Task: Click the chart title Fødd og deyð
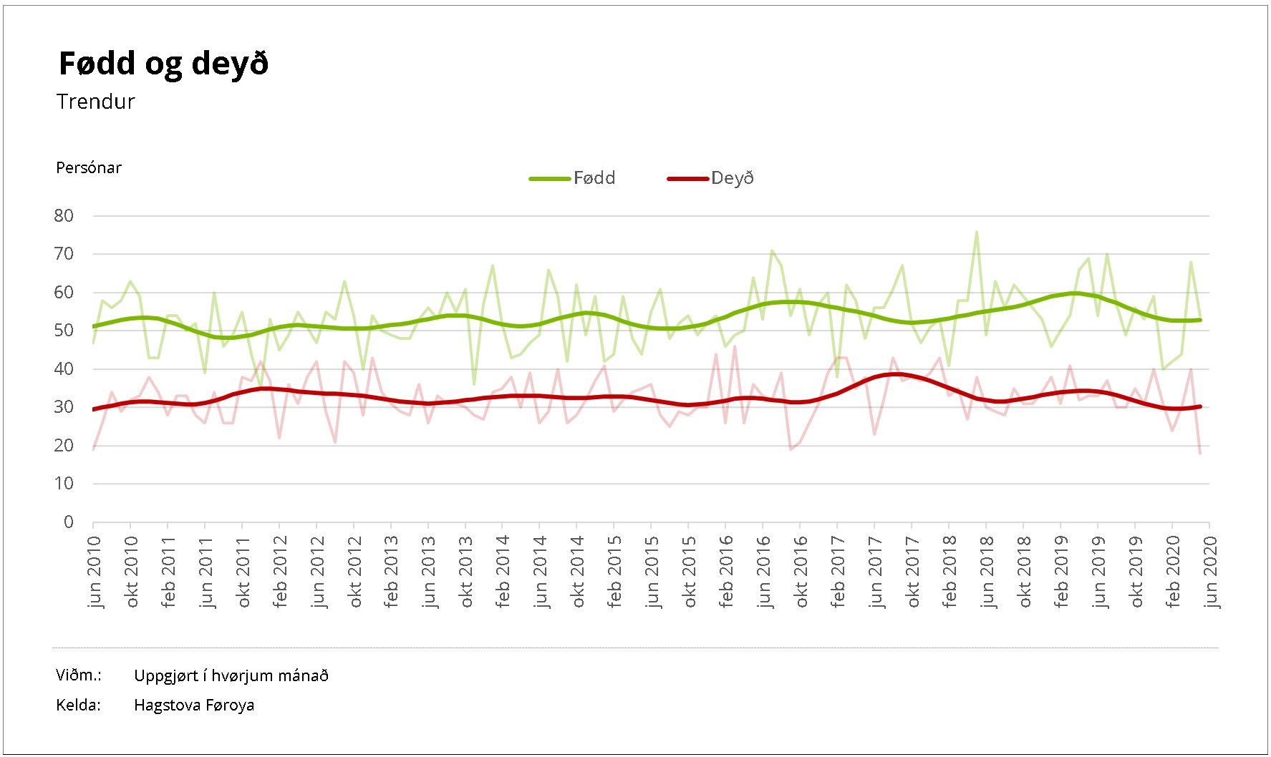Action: click(x=163, y=64)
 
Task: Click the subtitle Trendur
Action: click(x=96, y=102)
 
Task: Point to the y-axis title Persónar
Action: click(x=89, y=167)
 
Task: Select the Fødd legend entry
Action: click(x=594, y=178)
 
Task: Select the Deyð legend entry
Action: click(x=732, y=178)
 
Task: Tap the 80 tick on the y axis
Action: click(x=64, y=215)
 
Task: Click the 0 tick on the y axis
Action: click(x=69, y=522)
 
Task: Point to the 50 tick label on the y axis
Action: click(x=64, y=331)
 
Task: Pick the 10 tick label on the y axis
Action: click(x=64, y=484)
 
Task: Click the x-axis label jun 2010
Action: click(x=95, y=572)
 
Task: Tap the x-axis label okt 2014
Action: click(x=578, y=572)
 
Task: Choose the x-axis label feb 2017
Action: click(x=838, y=572)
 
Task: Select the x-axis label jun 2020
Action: click(x=1210, y=572)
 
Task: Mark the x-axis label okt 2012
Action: click(x=354, y=572)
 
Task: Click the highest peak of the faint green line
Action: click(x=977, y=232)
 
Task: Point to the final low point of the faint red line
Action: click(x=1200, y=453)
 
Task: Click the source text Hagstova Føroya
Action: click(x=194, y=705)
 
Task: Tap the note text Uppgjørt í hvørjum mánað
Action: click(x=231, y=675)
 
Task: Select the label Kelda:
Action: click(x=78, y=705)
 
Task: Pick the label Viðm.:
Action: click(x=78, y=675)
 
